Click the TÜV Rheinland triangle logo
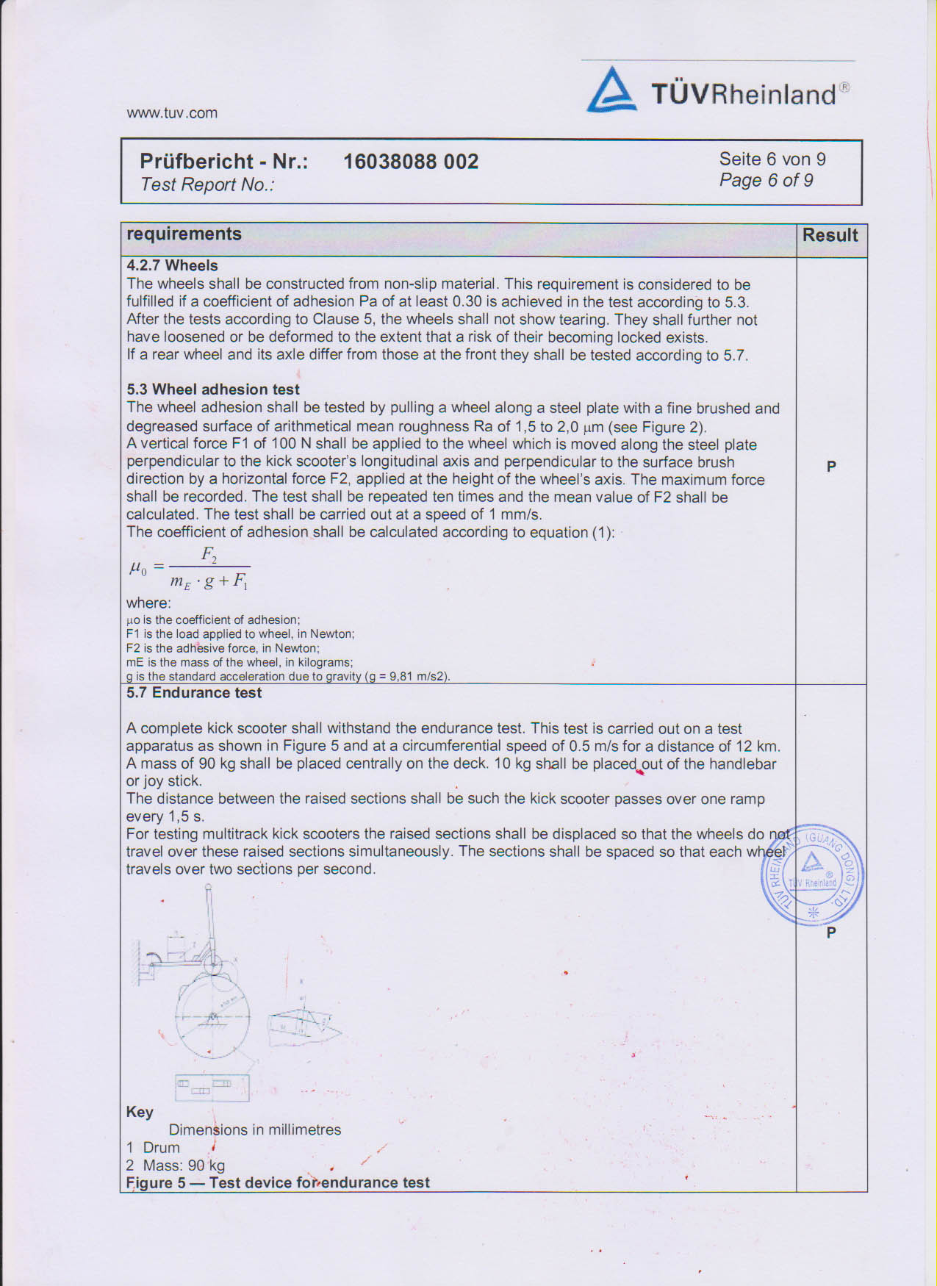611,90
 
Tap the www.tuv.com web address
172,113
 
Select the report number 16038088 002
411,162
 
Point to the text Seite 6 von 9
772,159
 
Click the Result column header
830,235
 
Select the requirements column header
184,234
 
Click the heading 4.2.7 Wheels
172,265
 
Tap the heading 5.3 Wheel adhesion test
213,389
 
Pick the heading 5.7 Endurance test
194,693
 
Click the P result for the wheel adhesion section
831,467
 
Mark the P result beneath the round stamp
831,933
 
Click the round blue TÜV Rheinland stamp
812,874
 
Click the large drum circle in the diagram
212,1017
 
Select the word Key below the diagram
140,1112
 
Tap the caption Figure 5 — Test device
278,1182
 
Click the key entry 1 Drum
153,1148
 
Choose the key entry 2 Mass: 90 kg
176,1165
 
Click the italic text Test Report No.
207,184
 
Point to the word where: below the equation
148,603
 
